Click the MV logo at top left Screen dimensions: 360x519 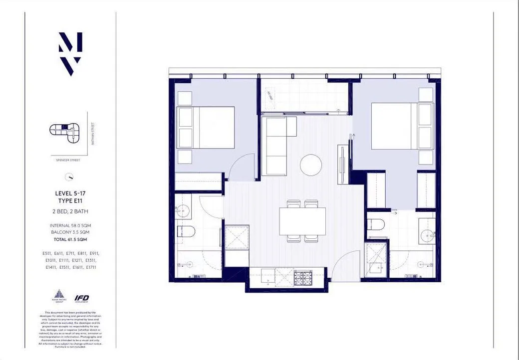tap(70, 54)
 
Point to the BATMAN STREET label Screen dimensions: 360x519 tap(92, 133)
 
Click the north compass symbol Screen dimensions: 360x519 tap(70, 177)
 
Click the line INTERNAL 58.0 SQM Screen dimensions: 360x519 tap(70, 225)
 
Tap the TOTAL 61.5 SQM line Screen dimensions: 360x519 tap(70, 239)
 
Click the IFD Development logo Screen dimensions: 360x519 tap(81, 299)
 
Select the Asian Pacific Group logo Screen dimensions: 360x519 tap(59, 296)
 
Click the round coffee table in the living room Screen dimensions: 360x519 tap(311, 165)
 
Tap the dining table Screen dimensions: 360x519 tap(302, 221)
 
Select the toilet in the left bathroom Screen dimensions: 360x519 tap(186, 230)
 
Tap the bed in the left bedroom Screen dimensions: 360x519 tap(206, 128)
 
